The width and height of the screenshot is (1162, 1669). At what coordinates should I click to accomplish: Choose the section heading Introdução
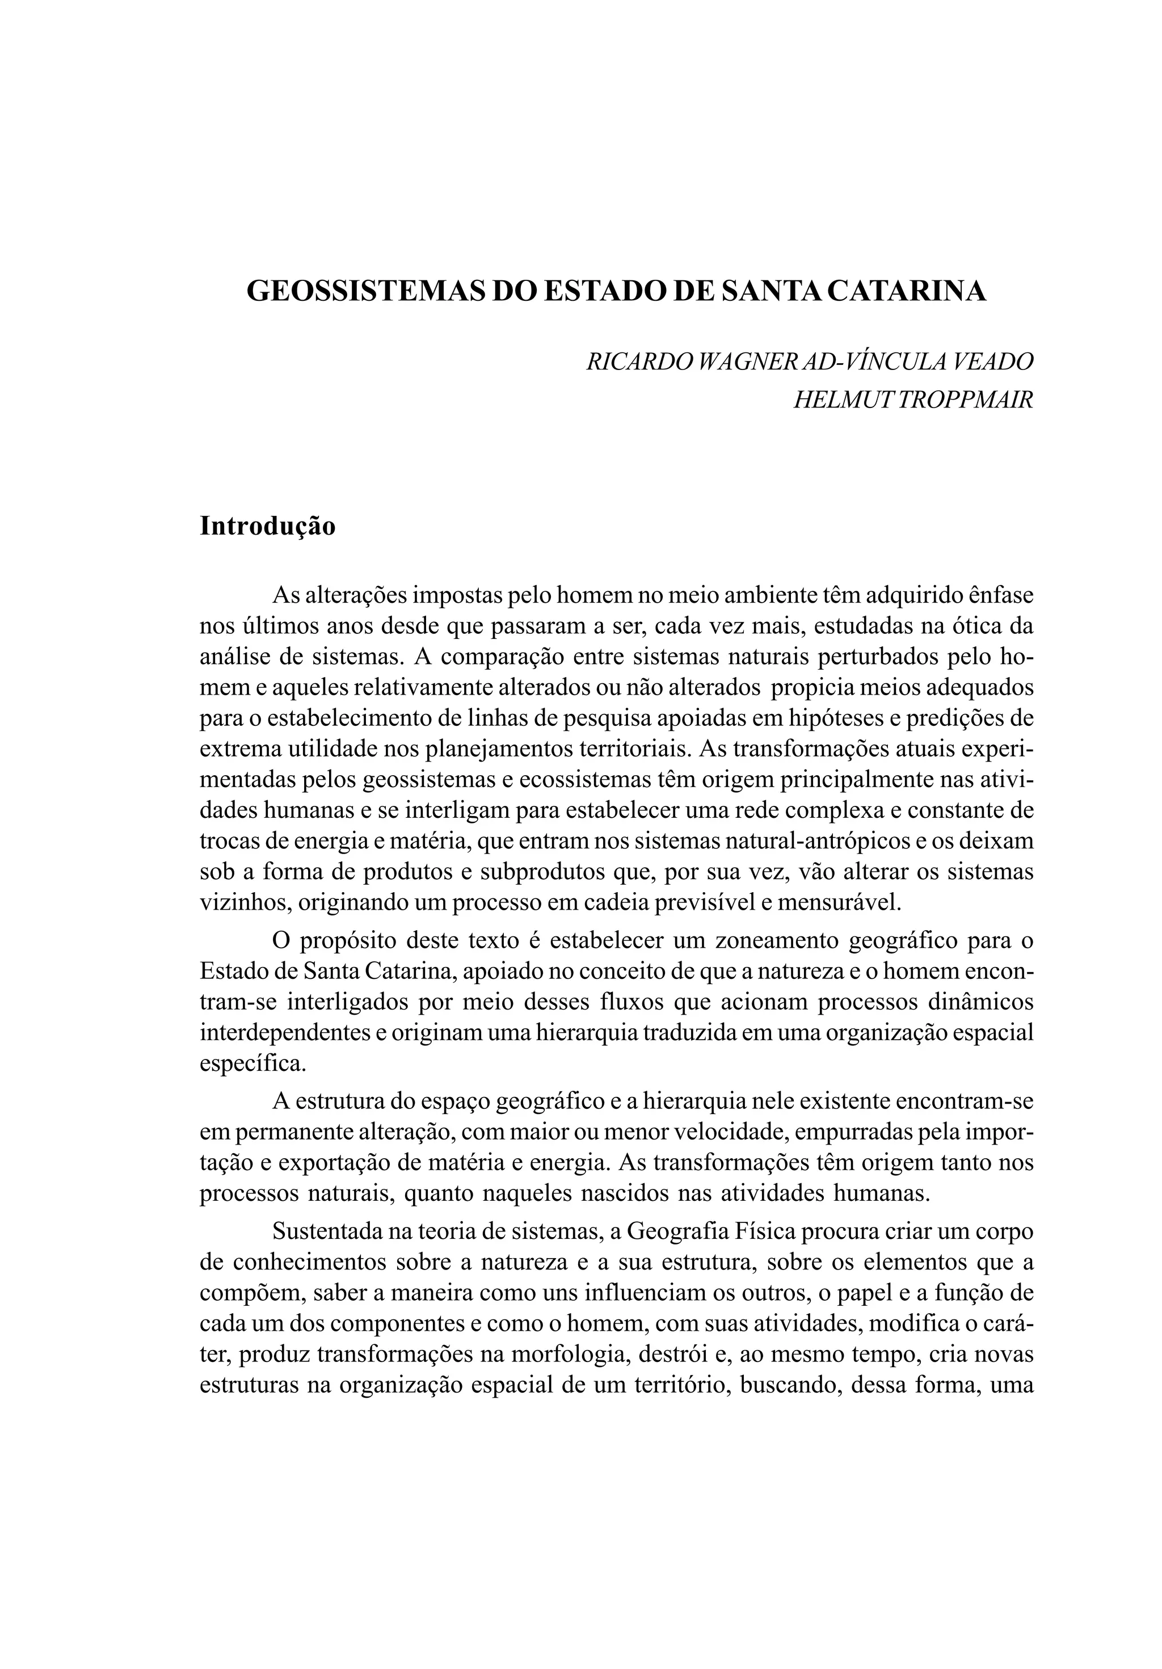click(267, 525)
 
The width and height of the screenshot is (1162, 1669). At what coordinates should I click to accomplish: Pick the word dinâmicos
click(980, 1002)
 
